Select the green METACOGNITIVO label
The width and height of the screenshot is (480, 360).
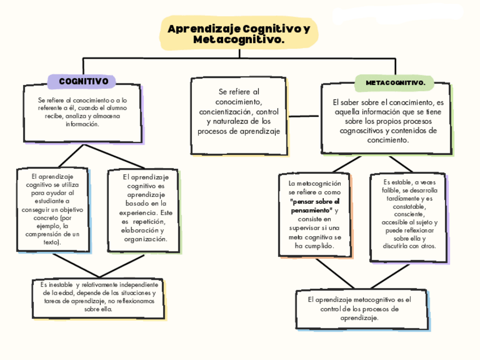pyautogui.click(x=395, y=83)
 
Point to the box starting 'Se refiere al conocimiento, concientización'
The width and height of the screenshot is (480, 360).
pyautogui.click(x=239, y=115)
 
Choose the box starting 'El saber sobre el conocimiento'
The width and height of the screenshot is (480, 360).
pyautogui.click(x=387, y=119)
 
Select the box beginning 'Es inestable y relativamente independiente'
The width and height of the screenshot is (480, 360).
pyautogui.click(x=98, y=297)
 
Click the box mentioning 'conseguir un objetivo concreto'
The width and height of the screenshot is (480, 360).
pyautogui.click(x=52, y=209)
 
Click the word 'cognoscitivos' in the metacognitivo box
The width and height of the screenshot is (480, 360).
pyautogui.click(x=363, y=131)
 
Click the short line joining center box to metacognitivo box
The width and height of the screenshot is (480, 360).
pyautogui.click(x=305, y=116)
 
